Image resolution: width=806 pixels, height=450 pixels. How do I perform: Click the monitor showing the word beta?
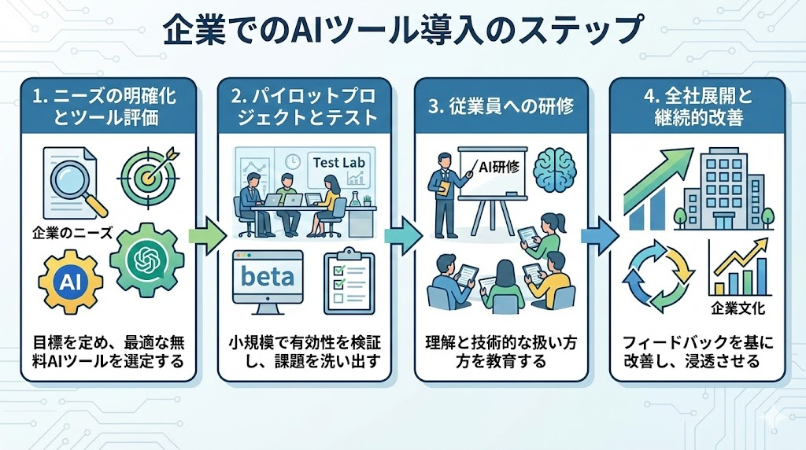[x=268, y=279]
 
